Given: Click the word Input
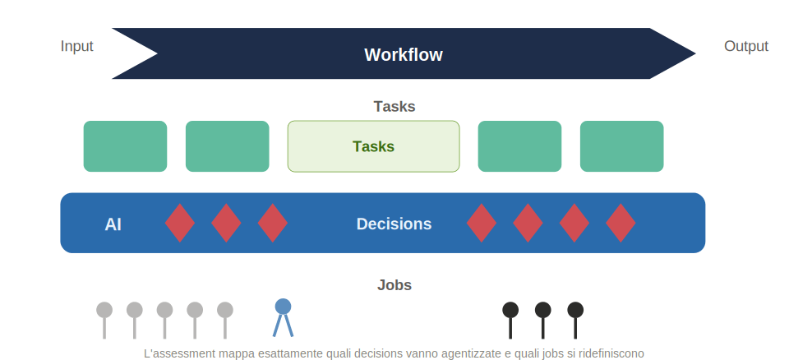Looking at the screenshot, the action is click(x=77, y=46).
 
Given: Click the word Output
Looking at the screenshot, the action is click(x=745, y=46).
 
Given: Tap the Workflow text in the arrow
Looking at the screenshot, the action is click(x=404, y=54).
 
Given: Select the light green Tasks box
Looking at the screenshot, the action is click(x=373, y=146).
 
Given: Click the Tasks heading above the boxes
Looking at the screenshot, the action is click(x=394, y=107).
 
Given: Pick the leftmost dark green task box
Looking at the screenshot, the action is click(x=125, y=146).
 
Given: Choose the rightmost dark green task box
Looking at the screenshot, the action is click(x=622, y=146).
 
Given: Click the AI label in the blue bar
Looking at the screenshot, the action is click(x=113, y=224).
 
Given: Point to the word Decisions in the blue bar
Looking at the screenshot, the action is click(x=394, y=224).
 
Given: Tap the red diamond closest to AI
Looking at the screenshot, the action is click(x=180, y=223).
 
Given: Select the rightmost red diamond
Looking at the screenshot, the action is click(x=621, y=223).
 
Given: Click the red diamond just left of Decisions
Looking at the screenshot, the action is click(x=273, y=223).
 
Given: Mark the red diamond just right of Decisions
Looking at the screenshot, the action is click(x=482, y=223).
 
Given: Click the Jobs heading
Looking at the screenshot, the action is click(x=394, y=285).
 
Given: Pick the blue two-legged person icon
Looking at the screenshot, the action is click(x=284, y=318).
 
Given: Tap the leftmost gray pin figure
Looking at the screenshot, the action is click(x=104, y=321).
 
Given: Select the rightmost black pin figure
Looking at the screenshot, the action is click(x=575, y=321).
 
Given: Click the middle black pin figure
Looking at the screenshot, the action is click(x=543, y=321).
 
